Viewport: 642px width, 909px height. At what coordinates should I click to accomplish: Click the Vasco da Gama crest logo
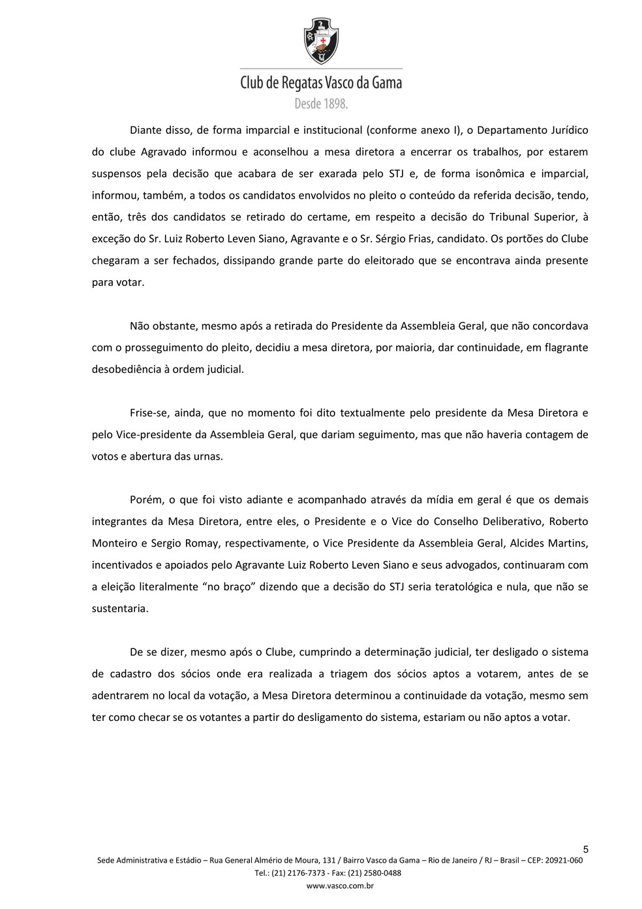pyautogui.click(x=321, y=41)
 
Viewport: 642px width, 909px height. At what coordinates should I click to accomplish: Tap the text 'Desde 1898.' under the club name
pyautogui.click(x=321, y=103)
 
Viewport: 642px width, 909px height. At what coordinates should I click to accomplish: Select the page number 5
pyautogui.click(x=585, y=849)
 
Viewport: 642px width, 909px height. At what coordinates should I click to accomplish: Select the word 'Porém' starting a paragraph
pyautogui.click(x=144, y=500)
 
